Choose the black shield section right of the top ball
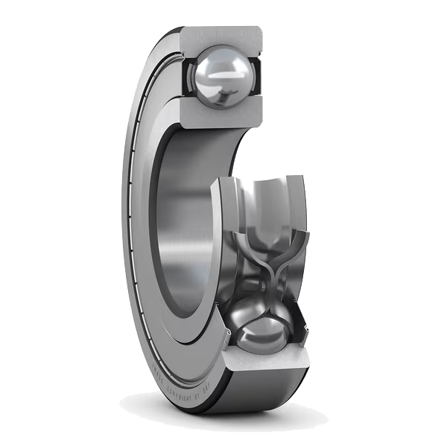coord(256,76)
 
